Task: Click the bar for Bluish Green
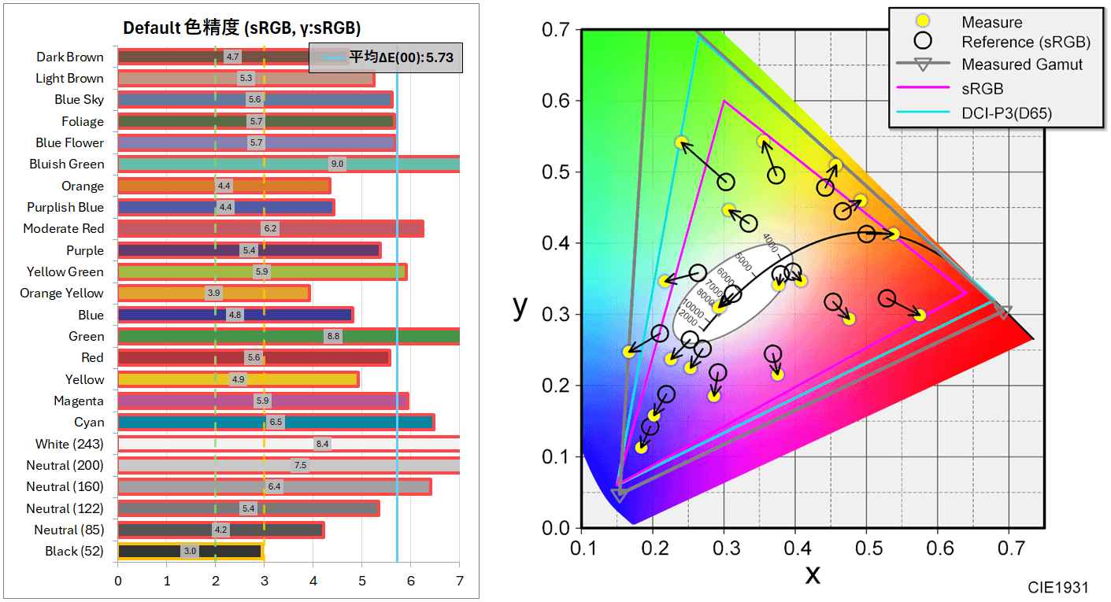pos(288,164)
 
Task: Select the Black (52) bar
pos(190,551)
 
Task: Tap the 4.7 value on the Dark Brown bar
pos(232,57)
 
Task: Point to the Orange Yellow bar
pos(213,293)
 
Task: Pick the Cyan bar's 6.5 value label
pos(276,422)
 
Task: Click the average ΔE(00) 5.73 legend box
pos(385,57)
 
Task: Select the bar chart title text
pos(242,28)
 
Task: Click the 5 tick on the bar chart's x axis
pos(361,582)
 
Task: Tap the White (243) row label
pos(69,444)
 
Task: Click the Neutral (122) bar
pos(248,508)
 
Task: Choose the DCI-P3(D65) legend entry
pos(1006,113)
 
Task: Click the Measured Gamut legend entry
pos(1022,65)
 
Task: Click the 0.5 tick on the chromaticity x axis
pos(866,545)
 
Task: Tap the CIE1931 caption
pos(1057,587)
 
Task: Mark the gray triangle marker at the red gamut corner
pos(1002,312)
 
